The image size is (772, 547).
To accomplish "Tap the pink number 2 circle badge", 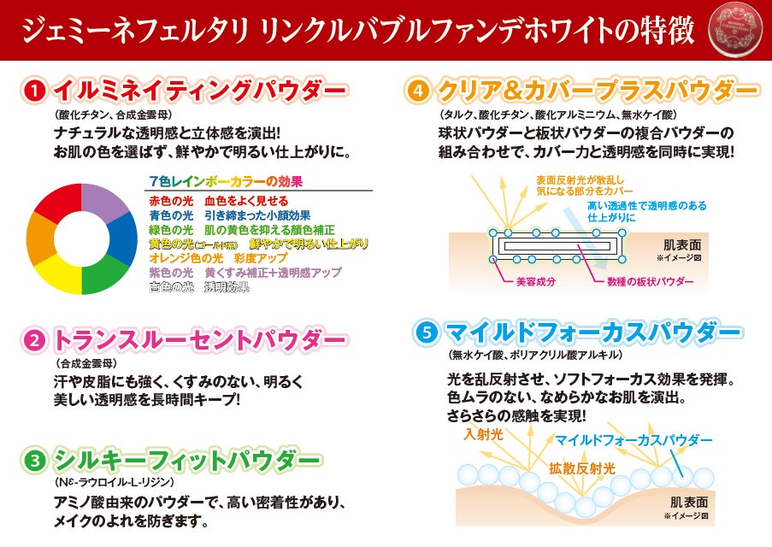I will click(x=35, y=341).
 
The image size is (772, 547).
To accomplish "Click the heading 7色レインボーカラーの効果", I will click(x=226, y=181).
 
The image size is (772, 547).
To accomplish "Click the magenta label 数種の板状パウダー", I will click(x=650, y=280).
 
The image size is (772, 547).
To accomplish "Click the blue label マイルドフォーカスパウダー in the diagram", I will click(x=634, y=439).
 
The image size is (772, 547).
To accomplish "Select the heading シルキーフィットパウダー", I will click(x=187, y=462).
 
